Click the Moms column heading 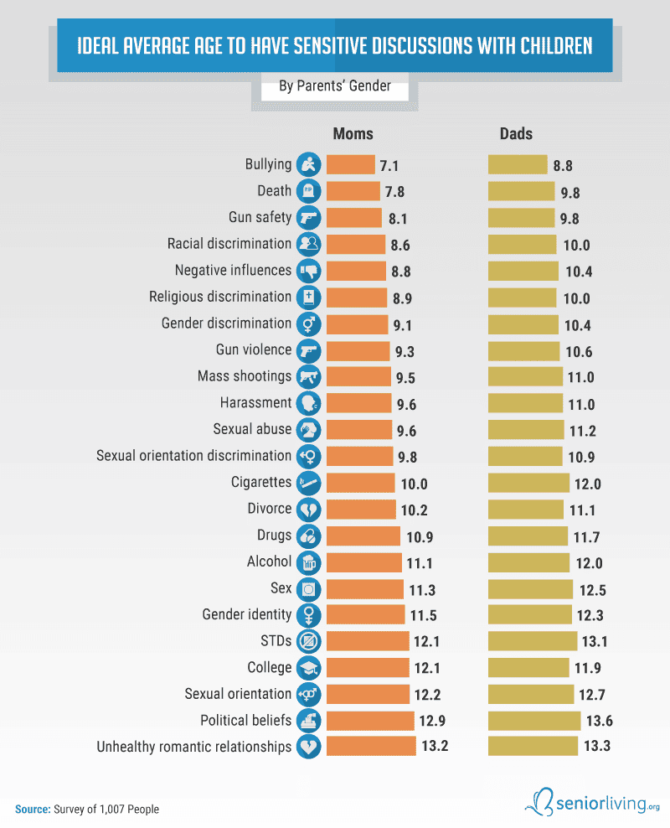(x=353, y=134)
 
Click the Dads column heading (x=516, y=134)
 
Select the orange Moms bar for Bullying (x=350, y=164)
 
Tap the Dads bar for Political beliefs (x=534, y=720)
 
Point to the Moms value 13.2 (x=435, y=746)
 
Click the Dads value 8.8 (x=563, y=165)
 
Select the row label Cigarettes (x=261, y=482)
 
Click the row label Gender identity (x=247, y=614)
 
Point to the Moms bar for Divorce (x=361, y=509)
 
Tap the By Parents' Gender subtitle (x=335, y=85)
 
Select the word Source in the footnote (x=32, y=810)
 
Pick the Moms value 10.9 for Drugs (x=419, y=536)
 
